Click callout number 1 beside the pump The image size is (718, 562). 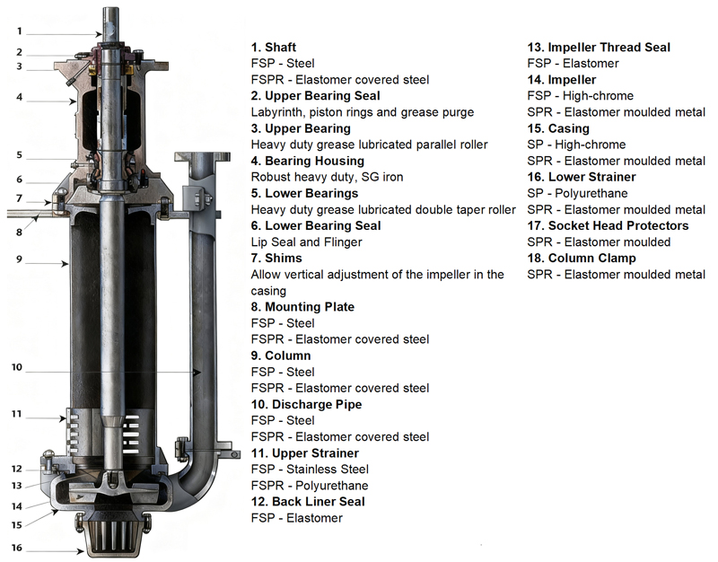19,31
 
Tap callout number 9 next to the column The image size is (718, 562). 19,260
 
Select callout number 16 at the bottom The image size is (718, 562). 16,548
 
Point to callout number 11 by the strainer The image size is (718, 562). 16,414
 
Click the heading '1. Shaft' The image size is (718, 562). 274,47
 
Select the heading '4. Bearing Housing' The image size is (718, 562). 304,161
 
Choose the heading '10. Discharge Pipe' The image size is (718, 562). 306,405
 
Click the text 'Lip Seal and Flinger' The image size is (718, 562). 306,242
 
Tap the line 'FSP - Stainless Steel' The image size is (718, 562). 310,470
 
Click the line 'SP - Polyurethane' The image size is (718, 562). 577,193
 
